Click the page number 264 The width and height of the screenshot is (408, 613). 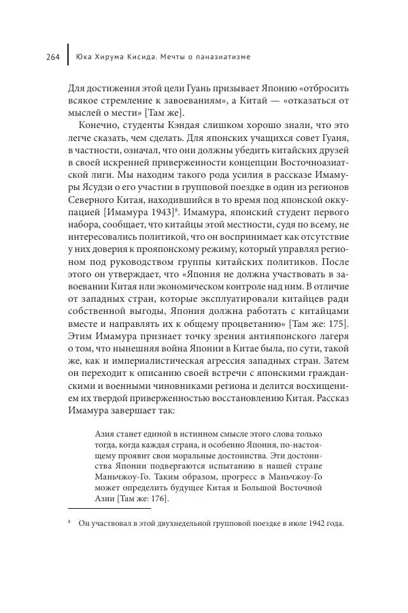[x=54, y=57]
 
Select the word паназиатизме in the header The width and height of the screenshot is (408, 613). [x=221, y=57]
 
